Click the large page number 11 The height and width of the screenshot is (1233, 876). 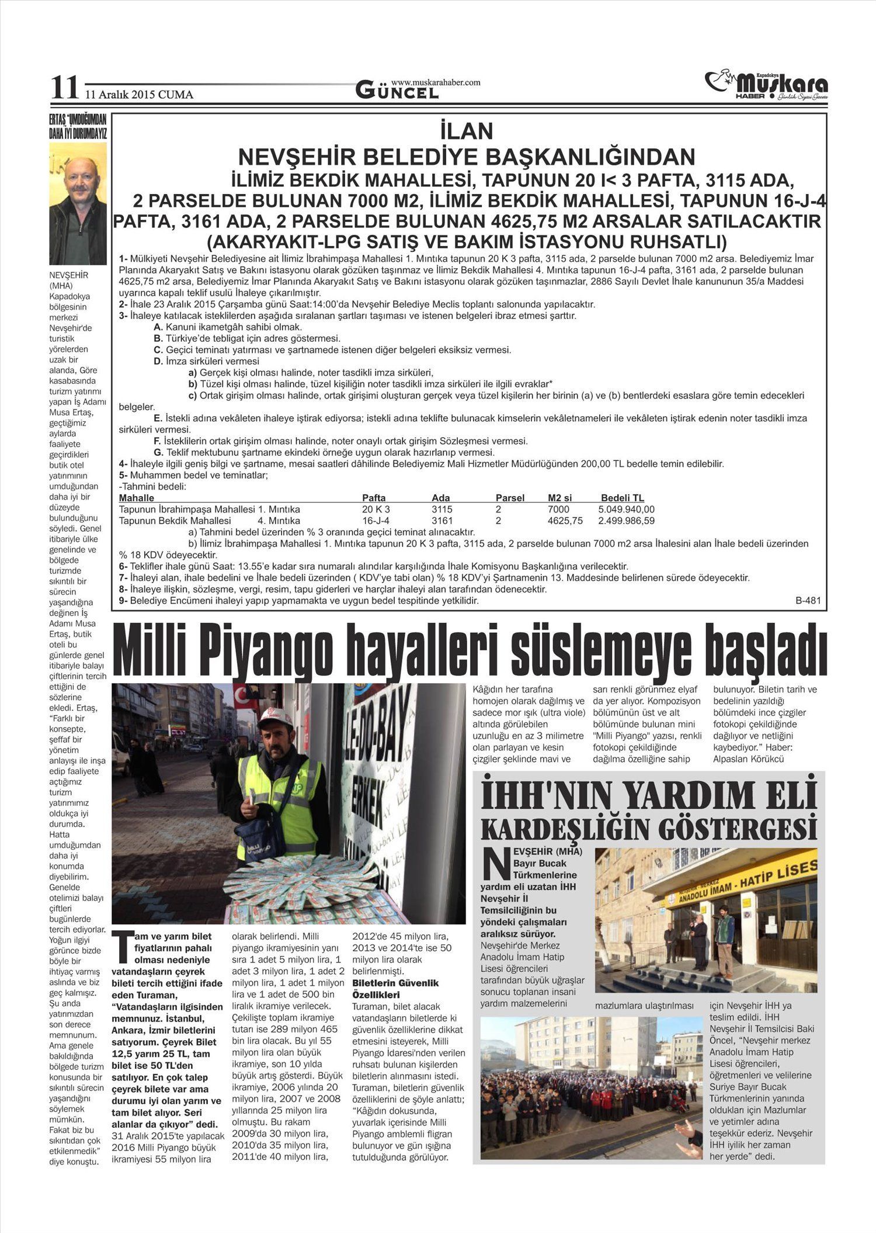coord(64,89)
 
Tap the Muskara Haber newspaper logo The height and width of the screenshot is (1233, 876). coord(766,85)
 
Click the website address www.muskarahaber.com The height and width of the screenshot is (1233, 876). coord(436,82)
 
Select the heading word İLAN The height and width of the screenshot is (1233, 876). coord(467,131)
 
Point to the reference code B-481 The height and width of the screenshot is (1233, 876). coord(808,600)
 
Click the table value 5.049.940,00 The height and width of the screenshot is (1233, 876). coord(627,509)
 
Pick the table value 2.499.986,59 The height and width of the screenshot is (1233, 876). coord(627,521)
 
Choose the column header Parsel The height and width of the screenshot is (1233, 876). coord(510,498)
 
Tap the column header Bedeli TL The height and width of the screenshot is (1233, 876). coord(623,498)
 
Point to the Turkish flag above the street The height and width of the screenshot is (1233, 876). coord(241,697)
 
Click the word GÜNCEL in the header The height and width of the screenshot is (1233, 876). coord(397,92)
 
